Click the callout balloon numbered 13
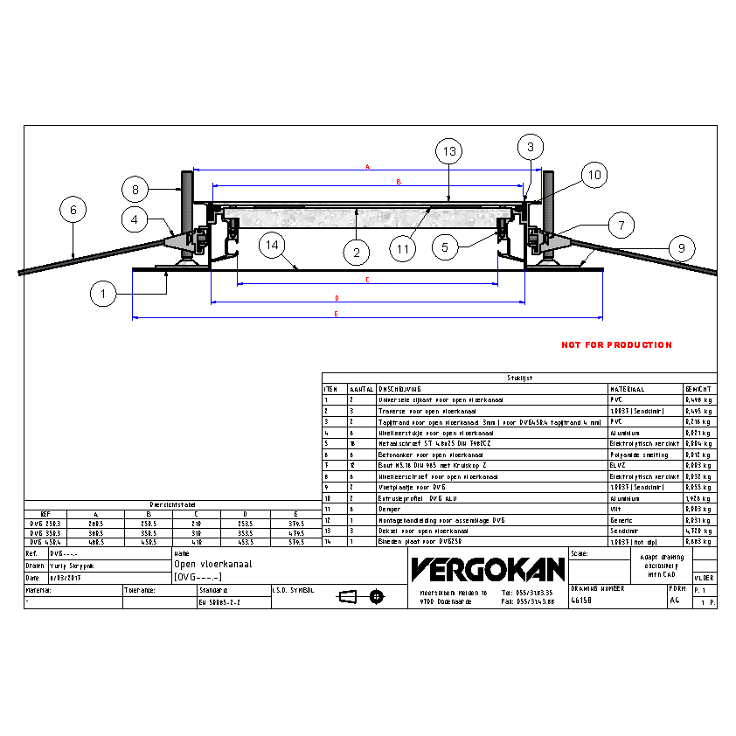(448, 151)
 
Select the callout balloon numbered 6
(73, 210)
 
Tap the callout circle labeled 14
(274, 246)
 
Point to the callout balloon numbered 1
(103, 295)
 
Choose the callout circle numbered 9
(681, 247)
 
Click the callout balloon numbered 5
(445, 247)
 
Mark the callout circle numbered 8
(135, 188)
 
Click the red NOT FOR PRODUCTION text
(616, 345)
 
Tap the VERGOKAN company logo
(487, 570)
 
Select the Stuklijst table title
(519, 378)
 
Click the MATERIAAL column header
(628, 389)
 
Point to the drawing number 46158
(581, 601)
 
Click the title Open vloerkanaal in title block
(213, 565)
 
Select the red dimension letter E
(366, 313)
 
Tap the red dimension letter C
(367, 280)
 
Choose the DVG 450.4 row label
(45, 542)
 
